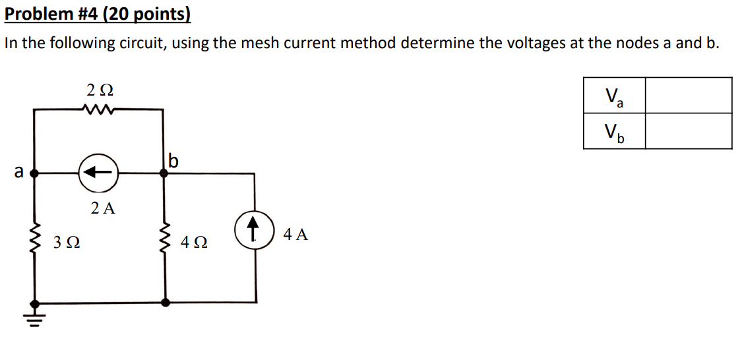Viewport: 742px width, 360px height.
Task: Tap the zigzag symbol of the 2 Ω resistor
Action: coord(98,109)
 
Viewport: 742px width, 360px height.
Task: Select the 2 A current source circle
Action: coord(98,173)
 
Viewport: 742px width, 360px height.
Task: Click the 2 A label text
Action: coord(103,209)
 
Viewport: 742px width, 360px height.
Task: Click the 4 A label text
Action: coord(295,234)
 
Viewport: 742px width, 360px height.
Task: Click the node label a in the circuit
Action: coord(19,173)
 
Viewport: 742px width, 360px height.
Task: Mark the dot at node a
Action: coord(35,173)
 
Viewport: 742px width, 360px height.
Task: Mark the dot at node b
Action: coord(164,173)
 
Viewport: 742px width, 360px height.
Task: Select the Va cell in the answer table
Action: coord(614,96)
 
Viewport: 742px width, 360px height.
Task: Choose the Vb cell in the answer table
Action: coord(614,131)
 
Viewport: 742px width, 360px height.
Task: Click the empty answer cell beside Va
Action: coord(688,96)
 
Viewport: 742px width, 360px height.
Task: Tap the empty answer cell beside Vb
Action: coord(688,131)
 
